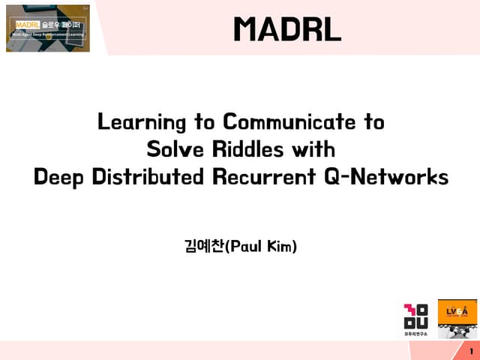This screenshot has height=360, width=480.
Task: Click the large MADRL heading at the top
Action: [287, 30]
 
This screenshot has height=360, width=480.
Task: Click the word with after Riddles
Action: [313, 149]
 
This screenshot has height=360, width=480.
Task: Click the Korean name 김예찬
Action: [204, 246]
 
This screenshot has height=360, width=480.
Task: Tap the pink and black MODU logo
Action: [416, 316]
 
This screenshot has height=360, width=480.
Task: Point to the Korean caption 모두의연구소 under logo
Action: [416, 334]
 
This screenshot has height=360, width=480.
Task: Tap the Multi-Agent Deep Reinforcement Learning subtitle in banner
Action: [49, 34]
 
